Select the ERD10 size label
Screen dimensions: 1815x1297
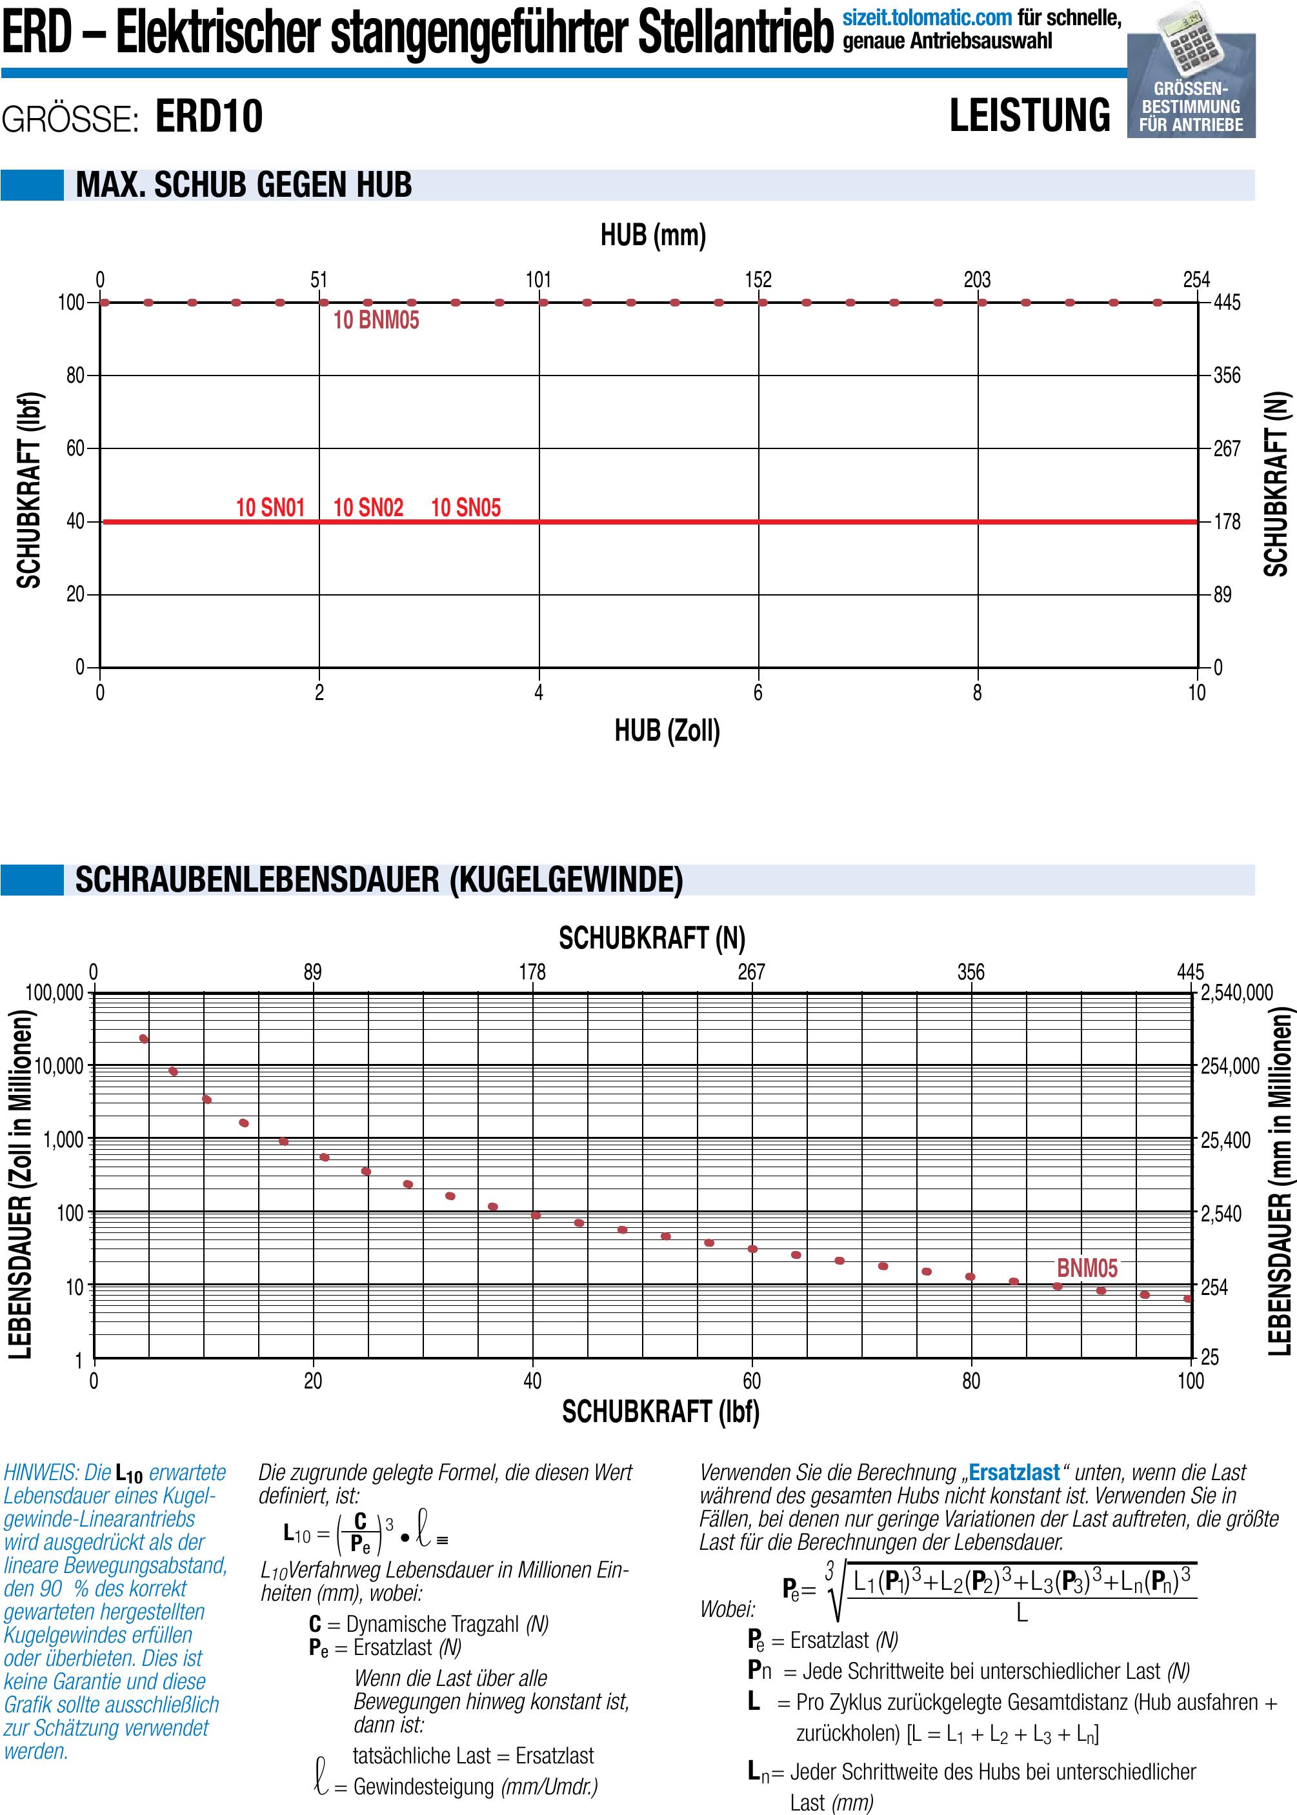click(208, 117)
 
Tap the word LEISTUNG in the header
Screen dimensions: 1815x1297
click(1029, 115)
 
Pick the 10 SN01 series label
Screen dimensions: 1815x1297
click(270, 508)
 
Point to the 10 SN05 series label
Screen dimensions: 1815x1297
click(466, 508)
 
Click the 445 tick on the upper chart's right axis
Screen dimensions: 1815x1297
click(1227, 303)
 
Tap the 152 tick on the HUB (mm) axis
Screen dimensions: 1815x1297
click(758, 279)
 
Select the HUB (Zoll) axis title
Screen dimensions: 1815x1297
click(667, 730)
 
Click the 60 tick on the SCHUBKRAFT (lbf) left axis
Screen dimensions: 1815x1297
click(75, 449)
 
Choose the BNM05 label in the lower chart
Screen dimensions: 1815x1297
click(1087, 1268)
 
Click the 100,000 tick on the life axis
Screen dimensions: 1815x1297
click(54, 992)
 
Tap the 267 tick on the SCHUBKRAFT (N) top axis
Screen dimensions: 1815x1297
click(750, 972)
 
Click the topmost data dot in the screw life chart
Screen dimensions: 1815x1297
click(144, 1039)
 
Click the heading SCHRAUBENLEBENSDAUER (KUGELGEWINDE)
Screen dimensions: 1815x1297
click(379, 880)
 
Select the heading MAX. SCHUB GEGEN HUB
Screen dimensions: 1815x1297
click(243, 185)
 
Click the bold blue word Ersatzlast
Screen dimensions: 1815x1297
click(1014, 1472)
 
